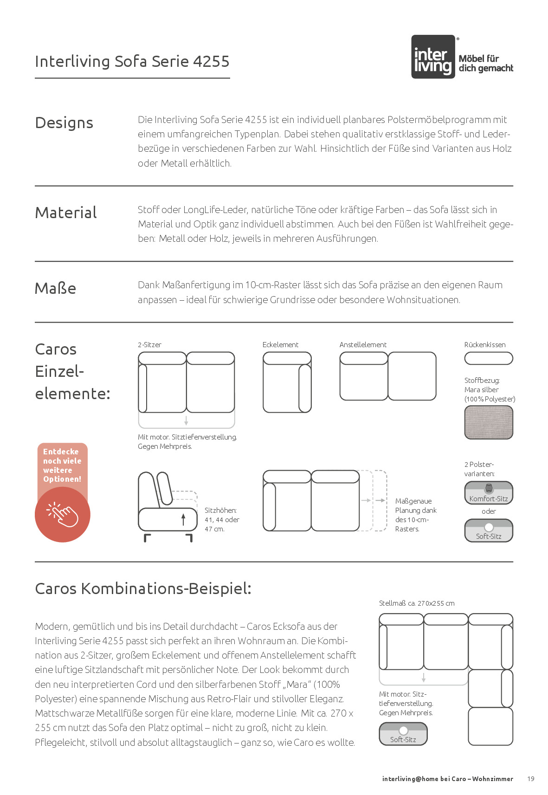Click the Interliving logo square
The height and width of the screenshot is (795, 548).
[x=433, y=57]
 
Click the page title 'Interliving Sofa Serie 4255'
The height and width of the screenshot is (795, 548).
[x=132, y=62]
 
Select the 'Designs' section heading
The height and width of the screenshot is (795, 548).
[x=64, y=123]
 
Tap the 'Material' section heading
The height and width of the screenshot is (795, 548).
[x=66, y=213]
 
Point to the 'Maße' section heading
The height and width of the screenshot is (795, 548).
[x=55, y=289]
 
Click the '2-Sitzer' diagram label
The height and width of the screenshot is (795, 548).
[x=149, y=345]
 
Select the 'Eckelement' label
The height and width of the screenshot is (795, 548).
[x=280, y=345]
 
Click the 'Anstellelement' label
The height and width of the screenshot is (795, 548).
[x=363, y=345]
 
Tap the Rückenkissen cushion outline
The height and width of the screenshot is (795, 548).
[x=489, y=358]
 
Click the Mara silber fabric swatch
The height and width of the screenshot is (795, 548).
[x=489, y=422]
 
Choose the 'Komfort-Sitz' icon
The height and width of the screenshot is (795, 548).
[x=489, y=493]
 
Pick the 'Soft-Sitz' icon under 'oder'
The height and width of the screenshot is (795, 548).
[x=489, y=530]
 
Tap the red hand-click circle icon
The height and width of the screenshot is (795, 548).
[x=62, y=514]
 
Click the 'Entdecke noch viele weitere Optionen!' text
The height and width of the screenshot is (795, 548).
[x=62, y=465]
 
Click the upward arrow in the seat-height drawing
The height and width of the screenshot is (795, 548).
[x=183, y=519]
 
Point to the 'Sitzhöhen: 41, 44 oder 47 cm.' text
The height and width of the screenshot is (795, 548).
[x=222, y=520]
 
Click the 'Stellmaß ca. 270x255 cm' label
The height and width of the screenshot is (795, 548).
[x=417, y=603]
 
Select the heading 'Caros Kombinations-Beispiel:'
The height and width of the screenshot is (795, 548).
[x=143, y=588]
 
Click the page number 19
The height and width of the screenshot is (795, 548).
[x=531, y=779]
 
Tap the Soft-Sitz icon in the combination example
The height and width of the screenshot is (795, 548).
[x=403, y=734]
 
